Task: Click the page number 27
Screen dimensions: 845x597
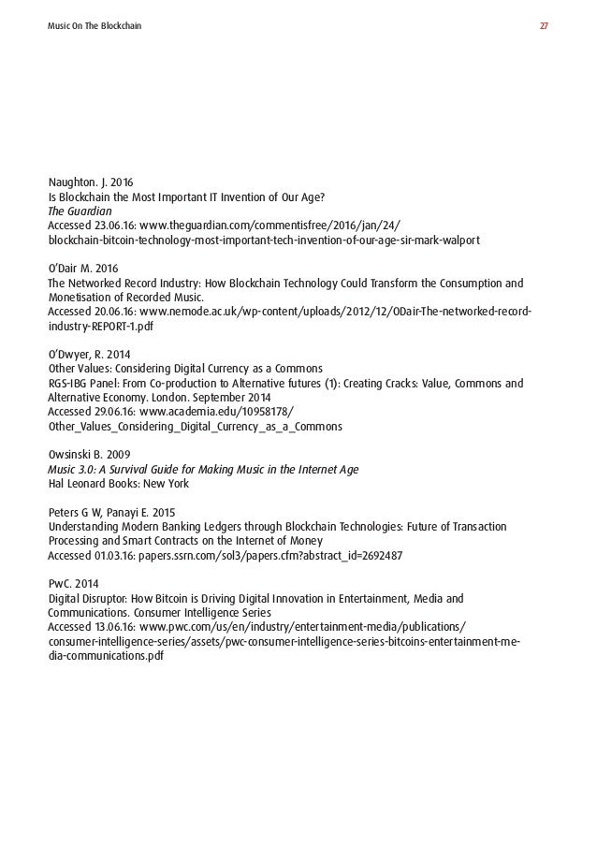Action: (x=544, y=25)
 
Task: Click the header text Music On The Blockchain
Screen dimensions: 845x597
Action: (x=95, y=25)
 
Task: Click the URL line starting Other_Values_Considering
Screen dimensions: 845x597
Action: (x=196, y=427)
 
